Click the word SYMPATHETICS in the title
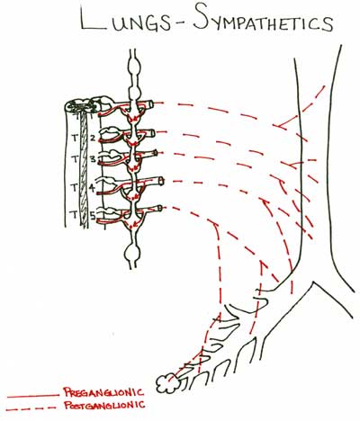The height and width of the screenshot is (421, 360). (263, 20)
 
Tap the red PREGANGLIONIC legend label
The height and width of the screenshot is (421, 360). (103, 392)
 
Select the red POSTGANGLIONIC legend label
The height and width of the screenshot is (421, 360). (104, 406)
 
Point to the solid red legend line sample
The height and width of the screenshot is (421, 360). (33, 397)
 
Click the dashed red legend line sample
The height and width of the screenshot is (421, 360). (31, 408)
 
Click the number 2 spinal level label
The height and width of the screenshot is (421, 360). (93, 139)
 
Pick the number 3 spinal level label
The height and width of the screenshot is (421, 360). (93, 158)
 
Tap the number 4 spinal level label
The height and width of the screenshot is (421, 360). (93, 188)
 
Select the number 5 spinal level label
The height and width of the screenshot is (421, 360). (93, 215)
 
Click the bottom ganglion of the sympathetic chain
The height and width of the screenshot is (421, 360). (132, 254)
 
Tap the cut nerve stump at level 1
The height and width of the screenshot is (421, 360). (150, 104)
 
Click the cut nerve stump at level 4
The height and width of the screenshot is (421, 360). (161, 181)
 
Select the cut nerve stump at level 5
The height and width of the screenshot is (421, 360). (160, 208)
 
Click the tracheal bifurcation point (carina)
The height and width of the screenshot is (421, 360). (313, 282)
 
